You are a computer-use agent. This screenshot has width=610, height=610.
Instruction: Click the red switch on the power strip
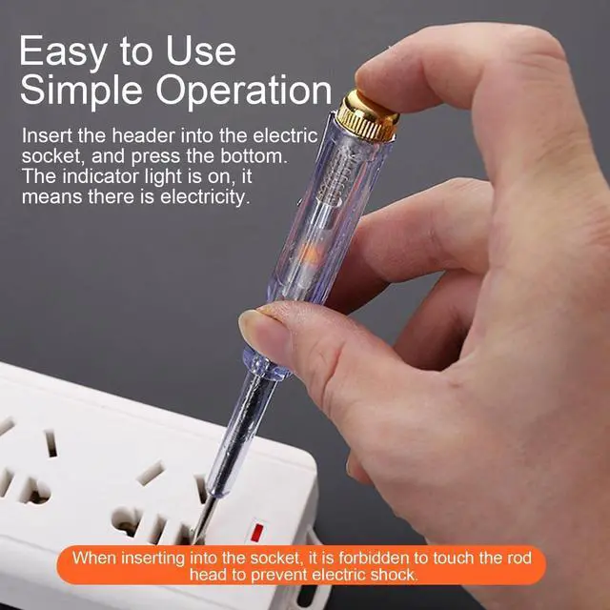pyautogui.click(x=256, y=533)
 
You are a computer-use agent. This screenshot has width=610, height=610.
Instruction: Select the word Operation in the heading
pyautogui.click(x=244, y=90)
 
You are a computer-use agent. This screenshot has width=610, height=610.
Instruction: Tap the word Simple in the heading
pyautogui.click(x=81, y=90)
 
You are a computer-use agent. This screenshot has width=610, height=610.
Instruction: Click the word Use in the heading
pyautogui.click(x=201, y=51)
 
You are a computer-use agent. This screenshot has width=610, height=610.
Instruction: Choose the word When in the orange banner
pyautogui.click(x=94, y=558)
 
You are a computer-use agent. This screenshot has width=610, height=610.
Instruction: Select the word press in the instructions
pyautogui.click(x=155, y=156)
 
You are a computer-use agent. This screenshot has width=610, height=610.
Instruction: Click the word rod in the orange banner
pyautogui.click(x=519, y=558)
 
